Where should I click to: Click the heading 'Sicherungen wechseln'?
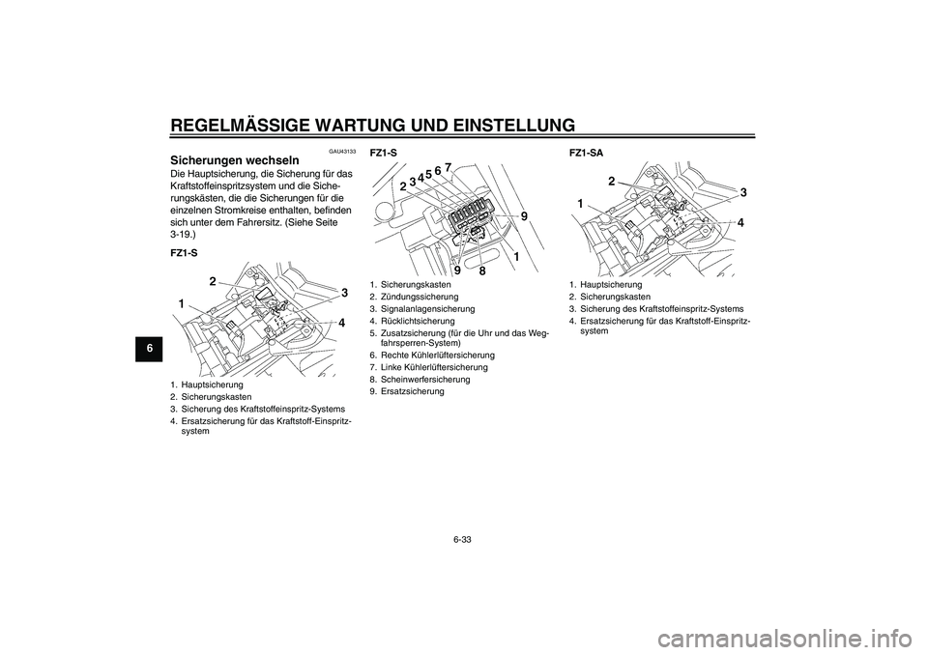pos(233,160)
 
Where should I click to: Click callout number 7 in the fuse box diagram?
pos(449,167)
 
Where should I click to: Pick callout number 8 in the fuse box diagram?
pos(482,271)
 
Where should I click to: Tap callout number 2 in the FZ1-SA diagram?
pos(612,181)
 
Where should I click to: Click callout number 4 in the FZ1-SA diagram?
pos(740,222)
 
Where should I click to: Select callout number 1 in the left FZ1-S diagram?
pos(181,303)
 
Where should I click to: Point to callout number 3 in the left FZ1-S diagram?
pos(343,292)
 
